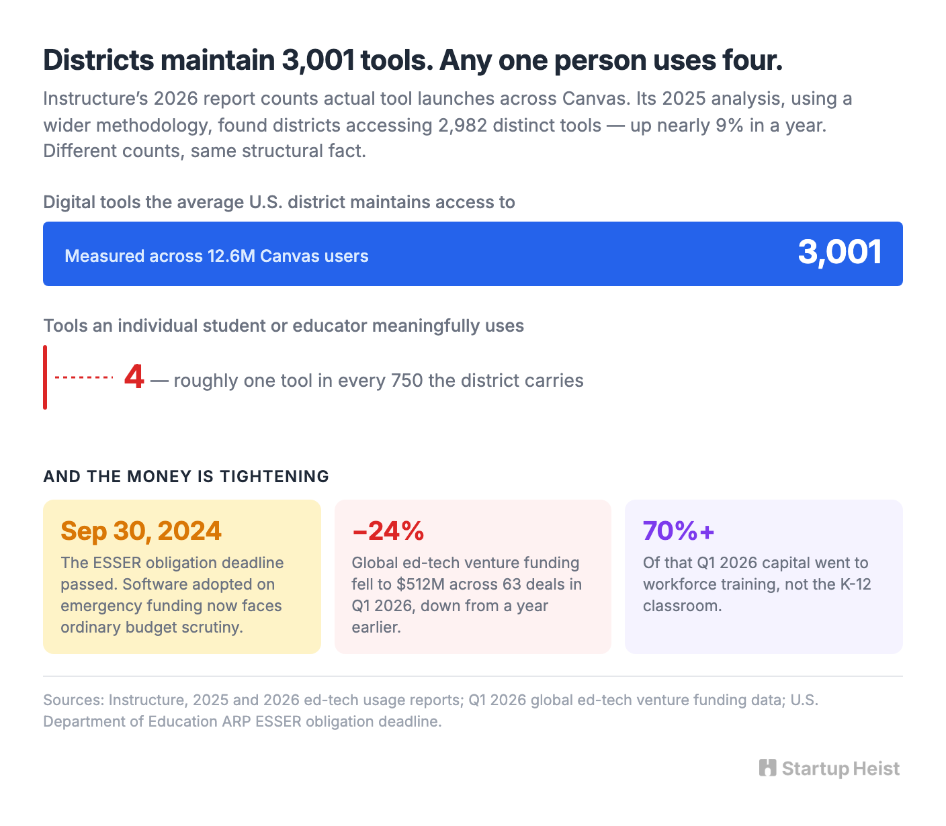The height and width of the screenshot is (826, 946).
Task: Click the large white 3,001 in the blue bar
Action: pyautogui.click(x=839, y=253)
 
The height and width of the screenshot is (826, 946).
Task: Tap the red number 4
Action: pyautogui.click(x=134, y=377)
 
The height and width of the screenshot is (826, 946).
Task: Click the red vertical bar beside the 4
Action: pyautogui.click(x=45, y=377)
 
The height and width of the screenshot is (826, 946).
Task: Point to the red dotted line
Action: pyautogui.click(x=84, y=377)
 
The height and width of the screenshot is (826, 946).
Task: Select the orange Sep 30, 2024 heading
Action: pyautogui.click(x=141, y=531)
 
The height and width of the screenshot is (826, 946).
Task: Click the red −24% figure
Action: pyautogui.click(x=388, y=531)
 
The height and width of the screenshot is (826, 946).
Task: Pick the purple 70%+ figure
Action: pyautogui.click(x=679, y=531)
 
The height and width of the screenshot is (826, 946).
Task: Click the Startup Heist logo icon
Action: pyautogui.click(x=767, y=768)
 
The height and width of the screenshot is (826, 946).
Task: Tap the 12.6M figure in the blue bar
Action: pyautogui.click(x=231, y=256)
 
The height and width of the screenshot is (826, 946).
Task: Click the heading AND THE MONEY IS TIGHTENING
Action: pyautogui.click(x=186, y=476)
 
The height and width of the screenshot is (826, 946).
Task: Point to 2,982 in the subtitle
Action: pyautogui.click(x=462, y=125)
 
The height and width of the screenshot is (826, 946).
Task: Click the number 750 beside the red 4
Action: pyautogui.click(x=407, y=380)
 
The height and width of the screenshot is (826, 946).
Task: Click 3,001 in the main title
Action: pyautogui.click(x=318, y=60)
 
